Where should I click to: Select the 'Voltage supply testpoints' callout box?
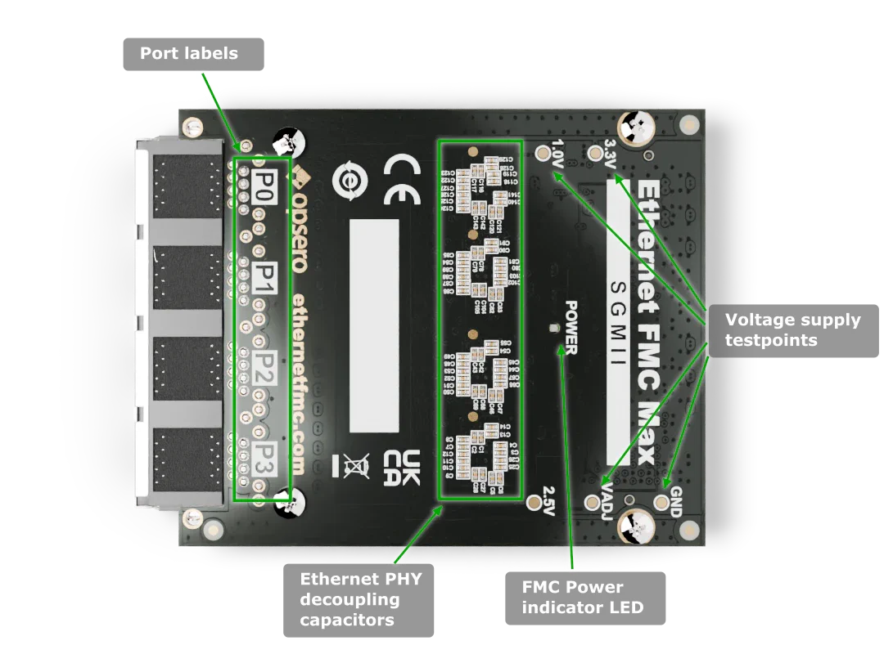(792, 330)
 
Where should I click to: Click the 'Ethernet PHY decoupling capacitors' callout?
(360, 599)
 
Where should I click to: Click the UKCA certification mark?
(402, 469)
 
